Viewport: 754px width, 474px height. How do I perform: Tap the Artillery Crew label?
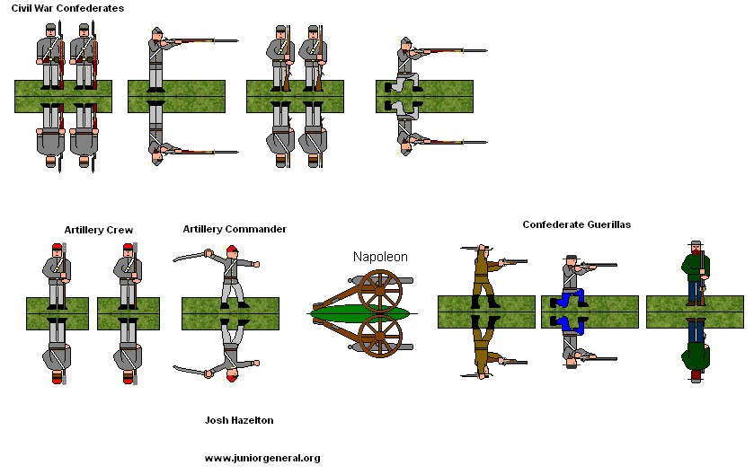(x=99, y=230)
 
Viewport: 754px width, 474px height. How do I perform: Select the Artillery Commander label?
(x=235, y=229)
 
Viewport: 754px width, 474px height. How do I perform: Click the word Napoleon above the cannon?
(x=380, y=257)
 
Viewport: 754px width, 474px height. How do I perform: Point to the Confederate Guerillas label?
(x=576, y=224)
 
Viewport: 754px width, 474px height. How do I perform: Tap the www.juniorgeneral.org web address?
(x=262, y=458)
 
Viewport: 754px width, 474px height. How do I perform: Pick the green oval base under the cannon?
(x=359, y=312)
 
